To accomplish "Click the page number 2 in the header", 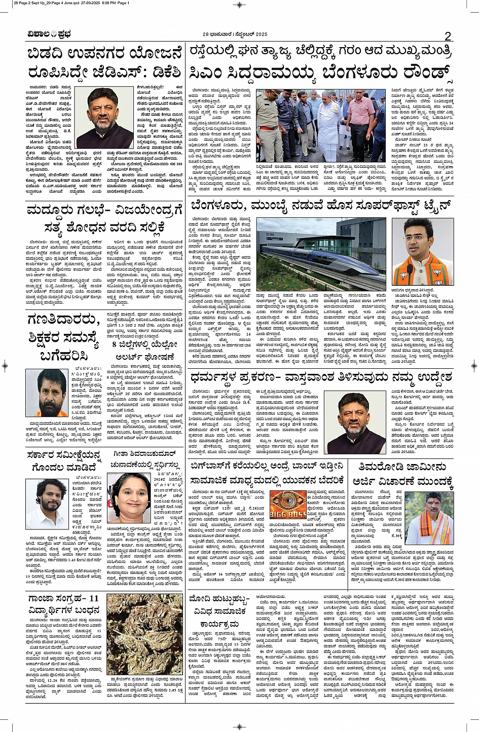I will pyautogui.click(x=448, y=36).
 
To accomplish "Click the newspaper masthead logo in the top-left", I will pyautogui.click(x=49, y=34).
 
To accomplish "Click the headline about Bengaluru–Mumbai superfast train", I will pyautogui.click(x=322, y=206).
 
